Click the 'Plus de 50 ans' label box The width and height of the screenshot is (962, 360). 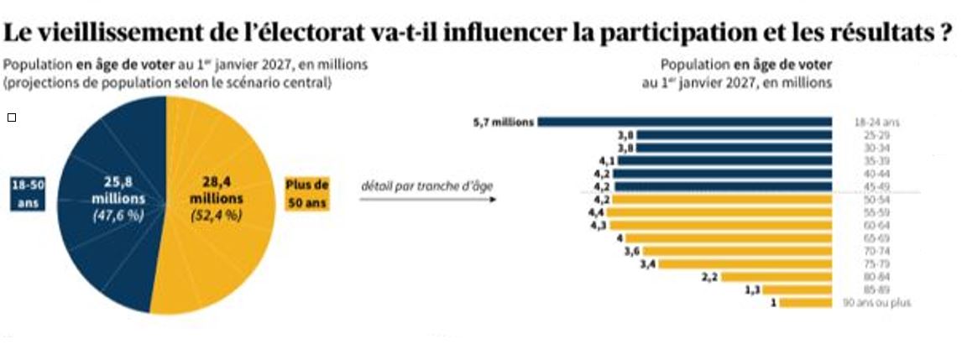pos(307,194)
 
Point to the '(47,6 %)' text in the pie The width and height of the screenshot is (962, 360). pos(119,216)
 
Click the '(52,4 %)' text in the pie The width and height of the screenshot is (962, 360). pos(216,216)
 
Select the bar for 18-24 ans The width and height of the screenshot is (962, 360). pos(684,122)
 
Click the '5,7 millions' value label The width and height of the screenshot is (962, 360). pos(504,122)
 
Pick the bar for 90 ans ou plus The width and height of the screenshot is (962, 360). pos(805,303)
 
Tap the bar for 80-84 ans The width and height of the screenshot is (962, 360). pos(776,277)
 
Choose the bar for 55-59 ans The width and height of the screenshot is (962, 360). pos(719,212)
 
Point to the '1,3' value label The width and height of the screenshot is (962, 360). pos(753,290)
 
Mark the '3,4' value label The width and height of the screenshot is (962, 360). pos(646,264)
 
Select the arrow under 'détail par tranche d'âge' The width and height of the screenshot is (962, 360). pos(427,200)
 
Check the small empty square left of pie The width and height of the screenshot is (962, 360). pos(11,117)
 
